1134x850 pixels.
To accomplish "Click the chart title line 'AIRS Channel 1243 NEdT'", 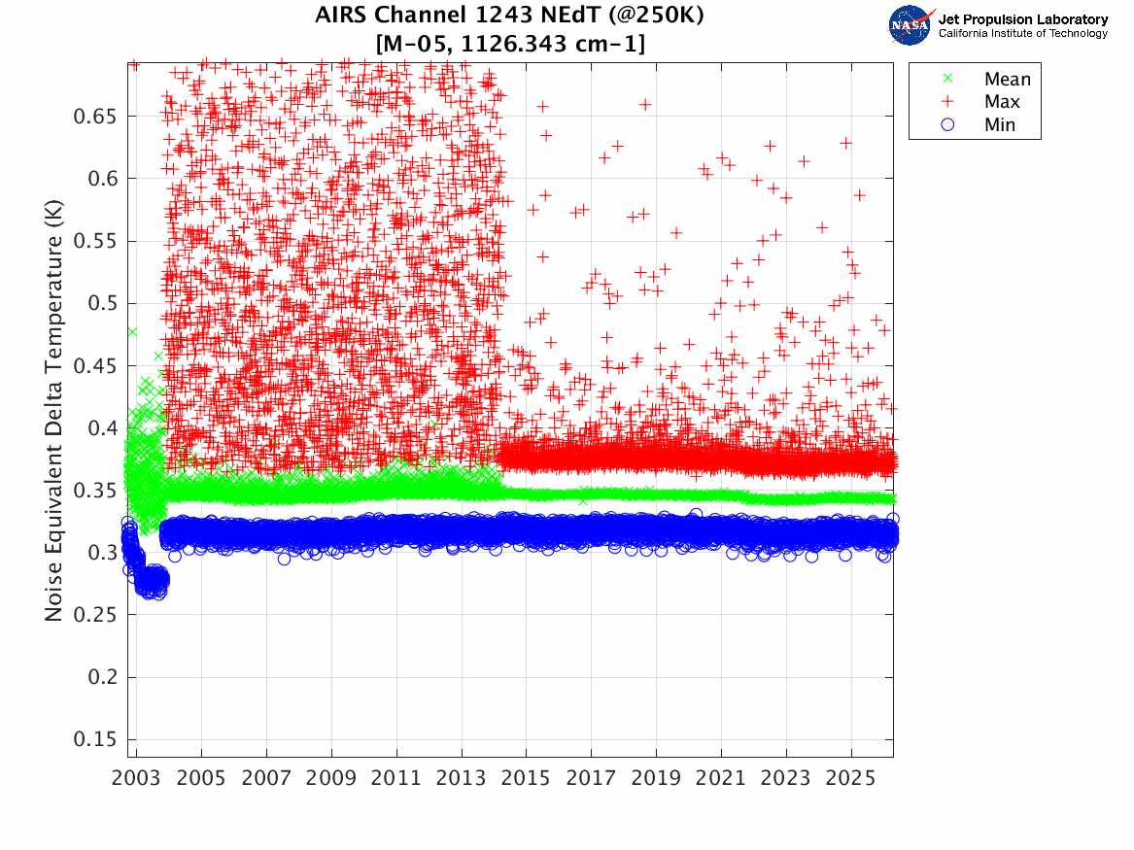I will pyautogui.click(x=509, y=17).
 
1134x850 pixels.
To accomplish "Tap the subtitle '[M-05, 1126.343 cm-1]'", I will pyautogui.click(x=509, y=43).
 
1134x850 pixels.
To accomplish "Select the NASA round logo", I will pyautogui.click(x=911, y=25).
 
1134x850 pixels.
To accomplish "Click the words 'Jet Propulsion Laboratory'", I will pyautogui.click(x=1022, y=19).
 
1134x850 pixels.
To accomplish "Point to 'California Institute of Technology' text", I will pyautogui.click(x=1022, y=34).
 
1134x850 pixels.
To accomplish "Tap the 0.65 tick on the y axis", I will pyautogui.click(x=95, y=117).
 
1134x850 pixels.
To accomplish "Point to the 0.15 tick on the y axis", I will pyautogui.click(x=95, y=739).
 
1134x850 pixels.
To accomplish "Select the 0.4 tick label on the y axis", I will pyautogui.click(x=103, y=427).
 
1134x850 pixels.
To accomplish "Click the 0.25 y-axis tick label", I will pyautogui.click(x=95, y=615).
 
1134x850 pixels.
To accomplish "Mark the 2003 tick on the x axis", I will pyautogui.click(x=136, y=778).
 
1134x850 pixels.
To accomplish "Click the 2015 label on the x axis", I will pyautogui.click(x=526, y=778).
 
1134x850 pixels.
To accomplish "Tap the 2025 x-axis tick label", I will pyautogui.click(x=851, y=778).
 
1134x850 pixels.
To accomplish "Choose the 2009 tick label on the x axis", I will pyautogui.click(x=331, y=778).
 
